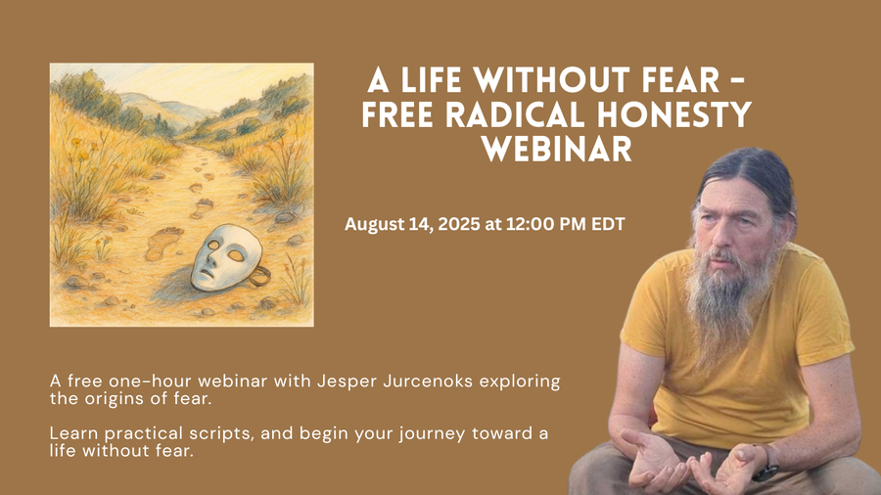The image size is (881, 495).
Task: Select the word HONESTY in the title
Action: [x=683, y=115]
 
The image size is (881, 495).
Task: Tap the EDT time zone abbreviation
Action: [x=606, y=225]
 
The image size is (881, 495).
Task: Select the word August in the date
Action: [x=373, y=225]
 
